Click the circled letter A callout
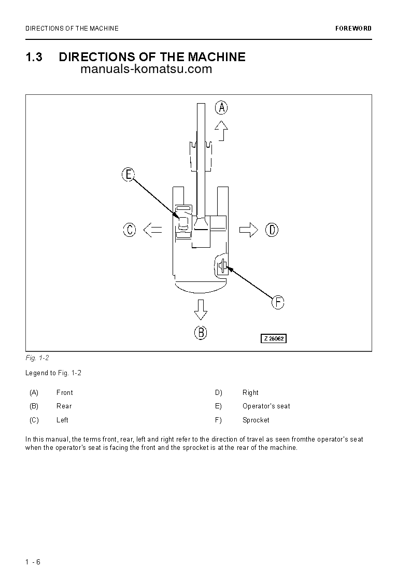221,108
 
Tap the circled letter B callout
201,332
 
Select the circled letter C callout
130,230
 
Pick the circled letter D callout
272,230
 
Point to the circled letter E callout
129,175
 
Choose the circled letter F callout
278,302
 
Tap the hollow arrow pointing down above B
201,310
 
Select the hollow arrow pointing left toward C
152,230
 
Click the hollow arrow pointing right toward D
249,230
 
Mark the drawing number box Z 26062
273,338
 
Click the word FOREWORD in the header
353,29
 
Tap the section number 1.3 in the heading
34,57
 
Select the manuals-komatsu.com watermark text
147,69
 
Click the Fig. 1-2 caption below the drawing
37,358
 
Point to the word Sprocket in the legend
256,420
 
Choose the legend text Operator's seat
266,406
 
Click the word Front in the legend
65,393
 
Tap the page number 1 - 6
33,562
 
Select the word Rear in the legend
64,406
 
